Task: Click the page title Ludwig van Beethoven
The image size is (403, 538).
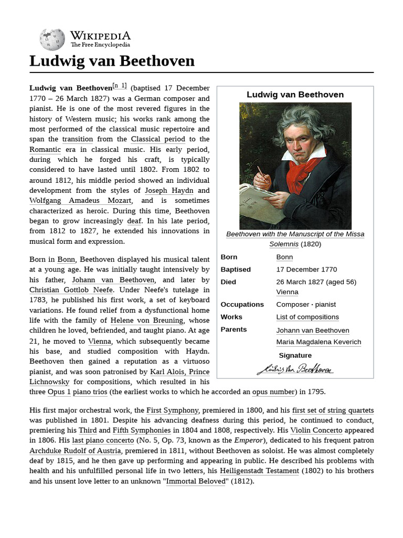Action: (112, 61)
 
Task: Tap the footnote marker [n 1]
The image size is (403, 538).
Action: (120, 86)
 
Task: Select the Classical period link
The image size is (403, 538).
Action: (158, 139)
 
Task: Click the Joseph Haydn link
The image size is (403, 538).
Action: (169, 190)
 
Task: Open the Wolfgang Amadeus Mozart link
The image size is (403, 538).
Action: (81, 201)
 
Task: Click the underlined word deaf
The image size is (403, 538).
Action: (134, 221)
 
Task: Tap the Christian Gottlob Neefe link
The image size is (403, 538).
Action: (71, 290)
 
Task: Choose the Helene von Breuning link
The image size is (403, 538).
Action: (146, 320)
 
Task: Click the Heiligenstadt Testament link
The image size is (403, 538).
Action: (259, 471)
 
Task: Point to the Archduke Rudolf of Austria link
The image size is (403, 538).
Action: (76, 451)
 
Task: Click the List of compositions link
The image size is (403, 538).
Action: (307, 317)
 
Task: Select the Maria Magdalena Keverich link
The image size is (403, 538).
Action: (319, 343)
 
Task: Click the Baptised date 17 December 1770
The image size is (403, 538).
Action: (306, 270)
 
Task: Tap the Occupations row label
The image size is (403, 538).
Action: (242, 305)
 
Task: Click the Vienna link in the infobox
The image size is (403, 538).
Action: (287, 292)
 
